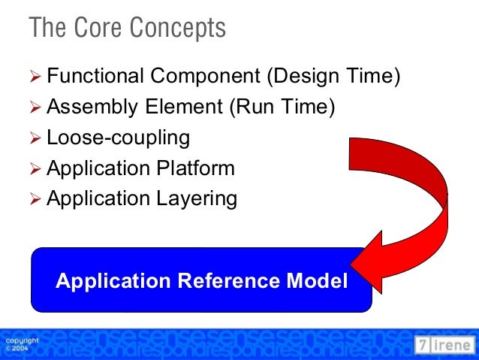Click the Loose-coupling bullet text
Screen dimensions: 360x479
pos(118,138)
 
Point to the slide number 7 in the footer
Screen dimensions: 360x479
pos(423,345)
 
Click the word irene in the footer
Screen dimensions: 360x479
pos(453,345)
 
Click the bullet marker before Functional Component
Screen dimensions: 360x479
pos(36,77)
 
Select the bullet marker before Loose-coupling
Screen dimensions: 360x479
pos(36,138)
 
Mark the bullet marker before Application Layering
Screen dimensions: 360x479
pos(36,199)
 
